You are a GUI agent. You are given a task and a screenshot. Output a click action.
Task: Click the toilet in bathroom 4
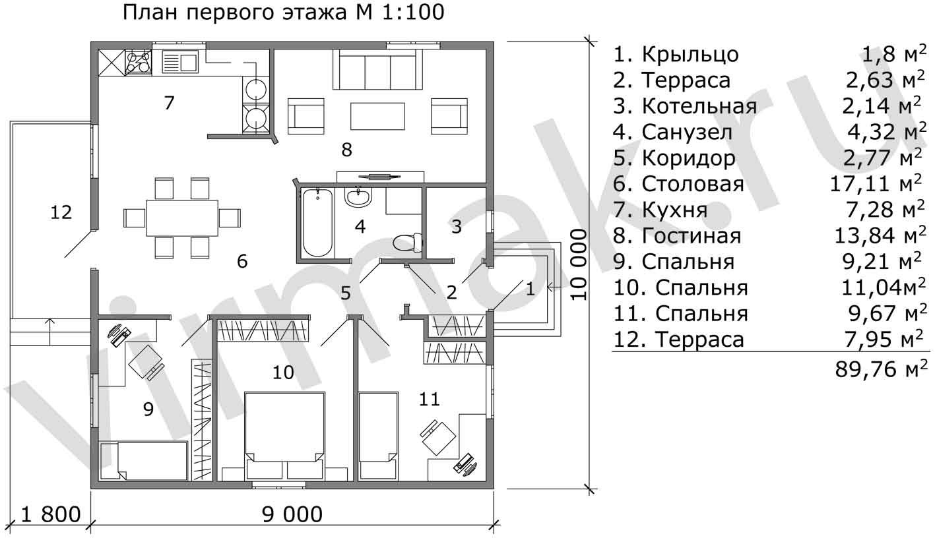tap(408, 243)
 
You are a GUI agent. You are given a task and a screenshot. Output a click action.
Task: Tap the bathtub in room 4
tap(317, 223)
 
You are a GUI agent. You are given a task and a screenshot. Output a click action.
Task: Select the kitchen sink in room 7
tap(179, 62)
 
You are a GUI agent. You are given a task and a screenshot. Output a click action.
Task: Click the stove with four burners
tap(138, 62)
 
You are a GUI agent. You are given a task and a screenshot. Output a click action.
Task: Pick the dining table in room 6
tap(182, 218)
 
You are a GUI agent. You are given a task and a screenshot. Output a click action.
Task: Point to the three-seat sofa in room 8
tap(377, 69)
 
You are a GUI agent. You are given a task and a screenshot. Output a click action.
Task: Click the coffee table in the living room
tap(377, 117)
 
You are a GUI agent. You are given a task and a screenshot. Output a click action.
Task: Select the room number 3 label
tap(457, 227)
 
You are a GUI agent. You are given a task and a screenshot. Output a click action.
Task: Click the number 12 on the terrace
tap(61, 212)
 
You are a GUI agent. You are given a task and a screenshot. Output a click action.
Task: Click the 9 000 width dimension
tap(292, 514)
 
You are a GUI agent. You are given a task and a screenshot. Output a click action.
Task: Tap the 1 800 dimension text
tap(51, 514)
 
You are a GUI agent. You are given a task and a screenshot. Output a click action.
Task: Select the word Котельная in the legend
tap(699, 106)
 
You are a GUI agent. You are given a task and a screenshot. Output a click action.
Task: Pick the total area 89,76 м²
tap(881, 369)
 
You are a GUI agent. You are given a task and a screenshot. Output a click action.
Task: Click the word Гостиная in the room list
tap(692, 236)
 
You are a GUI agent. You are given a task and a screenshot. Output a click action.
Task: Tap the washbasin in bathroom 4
tap(358, 196)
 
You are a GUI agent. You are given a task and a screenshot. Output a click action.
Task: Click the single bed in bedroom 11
tap(378, 435)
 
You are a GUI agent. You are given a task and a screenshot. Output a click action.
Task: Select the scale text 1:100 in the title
tap(413, 13)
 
